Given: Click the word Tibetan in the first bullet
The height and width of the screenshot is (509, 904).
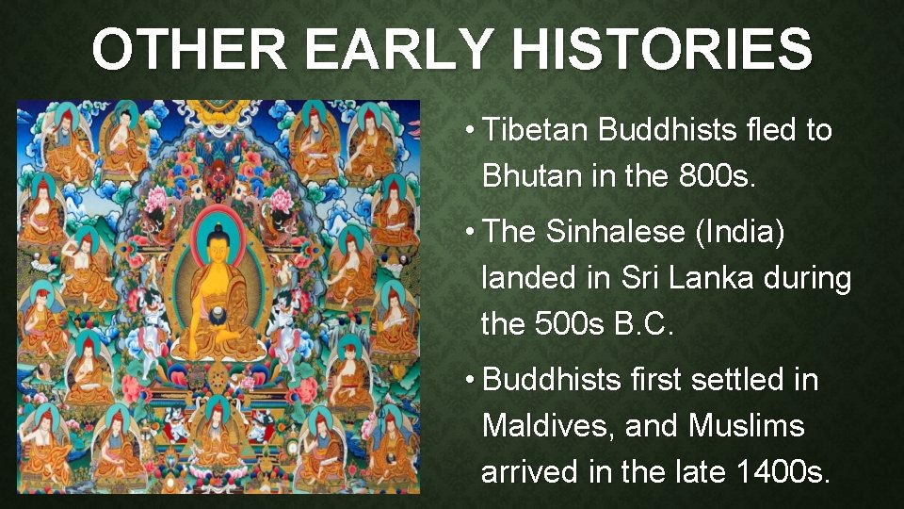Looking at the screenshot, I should tap(534, 130).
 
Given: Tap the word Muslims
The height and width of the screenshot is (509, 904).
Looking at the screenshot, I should tap(747, 426).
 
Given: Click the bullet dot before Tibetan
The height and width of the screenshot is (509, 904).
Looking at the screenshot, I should tap(468, 131).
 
